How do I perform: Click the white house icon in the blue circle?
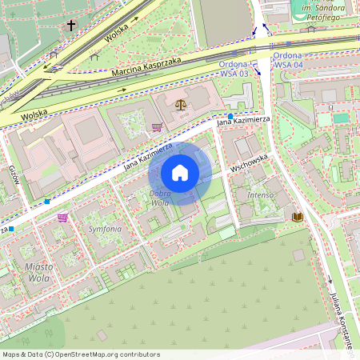pyautogui.click(x=180, y=173)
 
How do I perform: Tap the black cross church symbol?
pyautogui.click(x=70, y=26)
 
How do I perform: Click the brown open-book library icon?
pyautogui.click(x=298, y=217)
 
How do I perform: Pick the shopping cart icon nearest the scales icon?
pyautogui.click(x=157, y=126)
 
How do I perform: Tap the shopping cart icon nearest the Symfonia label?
pyautogui.click(x=62, y=217)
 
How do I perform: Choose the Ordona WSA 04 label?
pyautogui.click(x=287, y=61)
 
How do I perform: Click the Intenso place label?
pyautogui.click(x=261, y=194)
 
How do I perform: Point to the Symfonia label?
pyautogui.click(x=105, y=229)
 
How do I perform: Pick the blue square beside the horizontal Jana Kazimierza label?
pyautogui.click(x=230, y=117)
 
